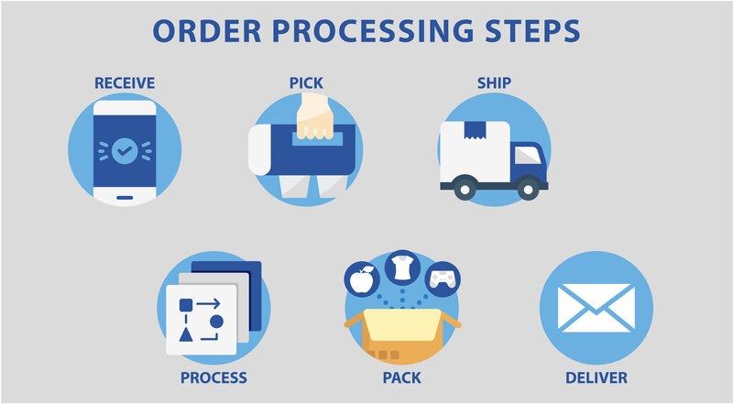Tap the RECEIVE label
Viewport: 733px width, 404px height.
pos(125,83)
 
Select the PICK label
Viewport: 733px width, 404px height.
pos(307,83)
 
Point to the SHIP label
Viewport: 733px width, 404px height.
pos(494,83)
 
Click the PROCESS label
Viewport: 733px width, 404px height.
pos(213,377)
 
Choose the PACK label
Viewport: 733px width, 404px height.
pos(401,377)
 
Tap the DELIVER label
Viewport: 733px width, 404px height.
pos(596,377)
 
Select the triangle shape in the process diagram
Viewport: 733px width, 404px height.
pos(187,333)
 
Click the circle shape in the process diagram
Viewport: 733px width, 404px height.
pos(217,321)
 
